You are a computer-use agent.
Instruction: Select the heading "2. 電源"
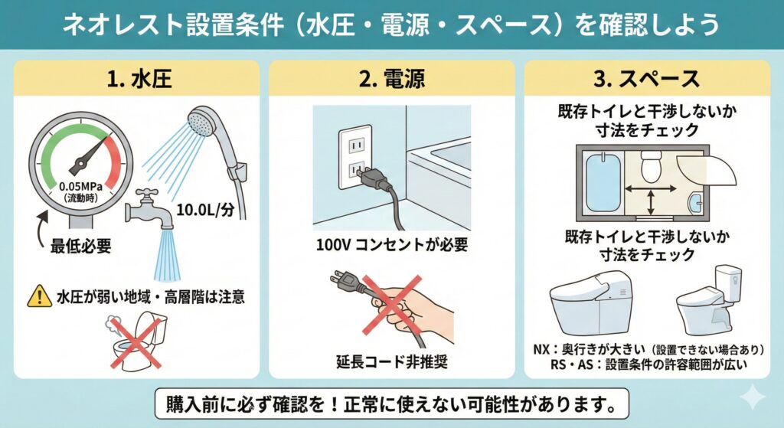(391, 79)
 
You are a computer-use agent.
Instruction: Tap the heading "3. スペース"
(647, 79)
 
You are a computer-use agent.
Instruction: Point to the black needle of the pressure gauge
(87, 154)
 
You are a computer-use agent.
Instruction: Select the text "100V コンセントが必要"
(391, 246)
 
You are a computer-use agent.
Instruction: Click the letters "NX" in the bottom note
(542, 349)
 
